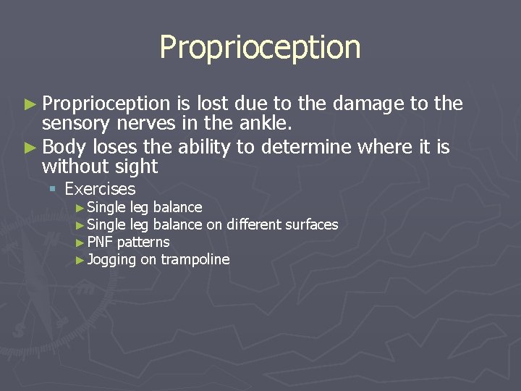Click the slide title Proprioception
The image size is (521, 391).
(260, 48)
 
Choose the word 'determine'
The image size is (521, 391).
(306, 148)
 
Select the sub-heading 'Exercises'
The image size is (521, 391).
(100, 189)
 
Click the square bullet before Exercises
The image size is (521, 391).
(53, 190)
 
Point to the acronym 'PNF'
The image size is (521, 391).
(100, 242)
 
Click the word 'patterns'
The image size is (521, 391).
(143, 242)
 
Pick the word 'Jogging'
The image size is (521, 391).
(111, 259)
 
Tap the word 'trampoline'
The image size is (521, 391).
(195, 259)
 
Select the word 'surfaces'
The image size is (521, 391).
(310, 224)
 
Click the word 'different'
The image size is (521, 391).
(252, 224)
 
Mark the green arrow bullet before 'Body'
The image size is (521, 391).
(29, 148)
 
